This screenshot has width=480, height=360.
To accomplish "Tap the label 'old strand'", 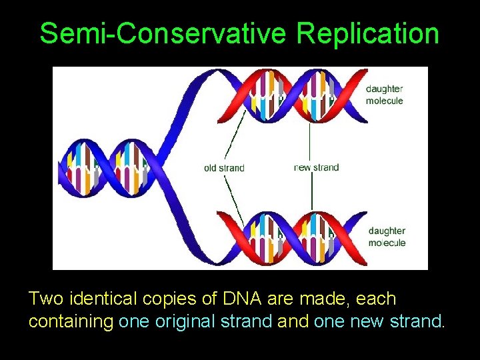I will click(224, 168).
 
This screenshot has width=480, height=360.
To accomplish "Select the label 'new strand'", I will click(316, 167).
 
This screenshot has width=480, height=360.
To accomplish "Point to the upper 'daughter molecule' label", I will click(385, 95).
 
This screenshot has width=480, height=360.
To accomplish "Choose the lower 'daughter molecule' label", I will click(387, 237).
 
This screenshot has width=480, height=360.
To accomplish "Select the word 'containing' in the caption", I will click(71, 321).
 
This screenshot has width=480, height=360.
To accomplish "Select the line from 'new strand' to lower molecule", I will click(311, 193).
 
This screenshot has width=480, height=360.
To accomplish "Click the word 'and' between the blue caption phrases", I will click(293, 321).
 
